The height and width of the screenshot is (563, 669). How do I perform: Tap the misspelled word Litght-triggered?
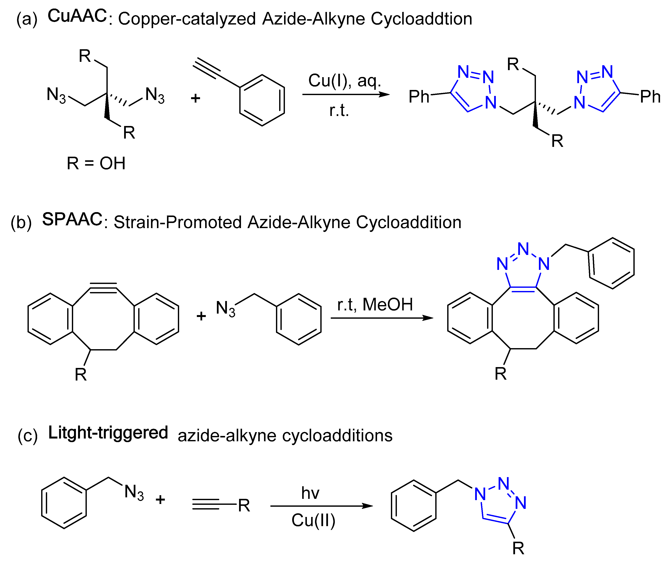coord(108,433)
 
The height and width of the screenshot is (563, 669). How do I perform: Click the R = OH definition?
coord(96,164)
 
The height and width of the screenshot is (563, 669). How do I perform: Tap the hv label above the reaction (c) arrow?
coord(310,493)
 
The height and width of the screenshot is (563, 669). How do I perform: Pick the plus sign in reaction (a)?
coord(195,98)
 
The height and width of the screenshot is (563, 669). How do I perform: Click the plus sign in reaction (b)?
coord(201,316)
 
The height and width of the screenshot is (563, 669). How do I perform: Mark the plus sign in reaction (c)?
coord(160,499)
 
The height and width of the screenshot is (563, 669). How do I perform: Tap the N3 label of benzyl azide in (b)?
coord(225,309)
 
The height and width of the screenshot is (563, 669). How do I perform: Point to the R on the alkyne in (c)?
coord(244,506)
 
